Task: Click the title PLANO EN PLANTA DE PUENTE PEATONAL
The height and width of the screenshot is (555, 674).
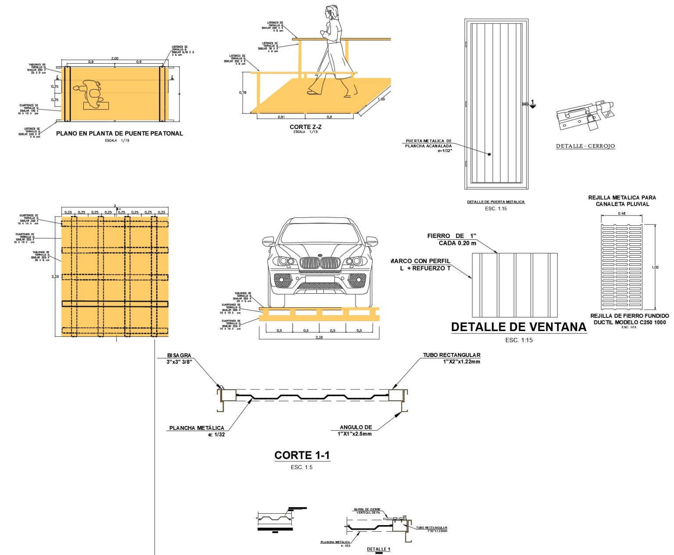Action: click(119, 133)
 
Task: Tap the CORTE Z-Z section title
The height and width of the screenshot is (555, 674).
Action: click(305, 127)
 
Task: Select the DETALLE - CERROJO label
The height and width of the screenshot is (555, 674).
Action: click(585, 146)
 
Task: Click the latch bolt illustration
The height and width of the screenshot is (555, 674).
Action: click(585, 115)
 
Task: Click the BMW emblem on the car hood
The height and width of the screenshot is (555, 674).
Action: click(320, 256)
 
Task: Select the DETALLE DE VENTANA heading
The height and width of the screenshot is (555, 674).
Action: click(519, 327)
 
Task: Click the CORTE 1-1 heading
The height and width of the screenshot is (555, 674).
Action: click(302, 456)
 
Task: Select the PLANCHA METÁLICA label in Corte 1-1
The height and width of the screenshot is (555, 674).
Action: click(197, 428)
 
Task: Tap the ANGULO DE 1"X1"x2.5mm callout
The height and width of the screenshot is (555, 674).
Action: click(355, 430)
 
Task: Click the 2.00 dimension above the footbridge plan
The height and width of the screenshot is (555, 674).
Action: click(115, 58)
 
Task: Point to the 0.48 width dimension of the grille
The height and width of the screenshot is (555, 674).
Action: click(622, 213)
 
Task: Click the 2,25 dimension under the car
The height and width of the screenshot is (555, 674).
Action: click(319, 337)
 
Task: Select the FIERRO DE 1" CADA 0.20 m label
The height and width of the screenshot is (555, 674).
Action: click(452, 239)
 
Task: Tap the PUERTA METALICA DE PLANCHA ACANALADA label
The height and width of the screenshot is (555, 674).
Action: click(428, 144)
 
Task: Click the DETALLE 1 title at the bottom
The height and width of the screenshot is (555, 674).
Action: click(378, 549)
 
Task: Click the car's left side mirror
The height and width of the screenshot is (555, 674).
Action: click(268, 241)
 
